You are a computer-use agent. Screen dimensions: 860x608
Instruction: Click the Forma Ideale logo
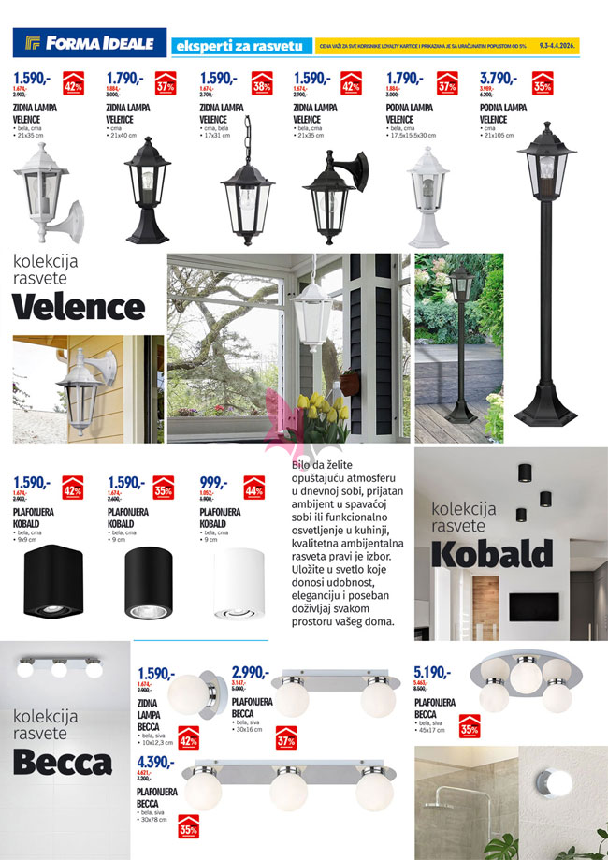point(90,42)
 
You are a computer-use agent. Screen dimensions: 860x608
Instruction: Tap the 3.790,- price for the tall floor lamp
point(498,79)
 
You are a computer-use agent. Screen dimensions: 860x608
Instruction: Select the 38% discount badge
point(263,85)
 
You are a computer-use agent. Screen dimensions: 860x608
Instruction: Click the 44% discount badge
point(253,488)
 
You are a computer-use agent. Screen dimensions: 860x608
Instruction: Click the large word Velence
point(79,306)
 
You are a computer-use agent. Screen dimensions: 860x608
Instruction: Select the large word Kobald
point(492,553)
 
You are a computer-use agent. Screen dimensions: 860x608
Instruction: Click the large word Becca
point(63,764)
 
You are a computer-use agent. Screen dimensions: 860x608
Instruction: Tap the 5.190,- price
point(432,672)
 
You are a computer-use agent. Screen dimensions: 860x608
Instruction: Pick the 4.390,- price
point(155,762)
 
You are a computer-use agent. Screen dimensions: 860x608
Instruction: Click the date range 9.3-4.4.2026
point(558,44)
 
